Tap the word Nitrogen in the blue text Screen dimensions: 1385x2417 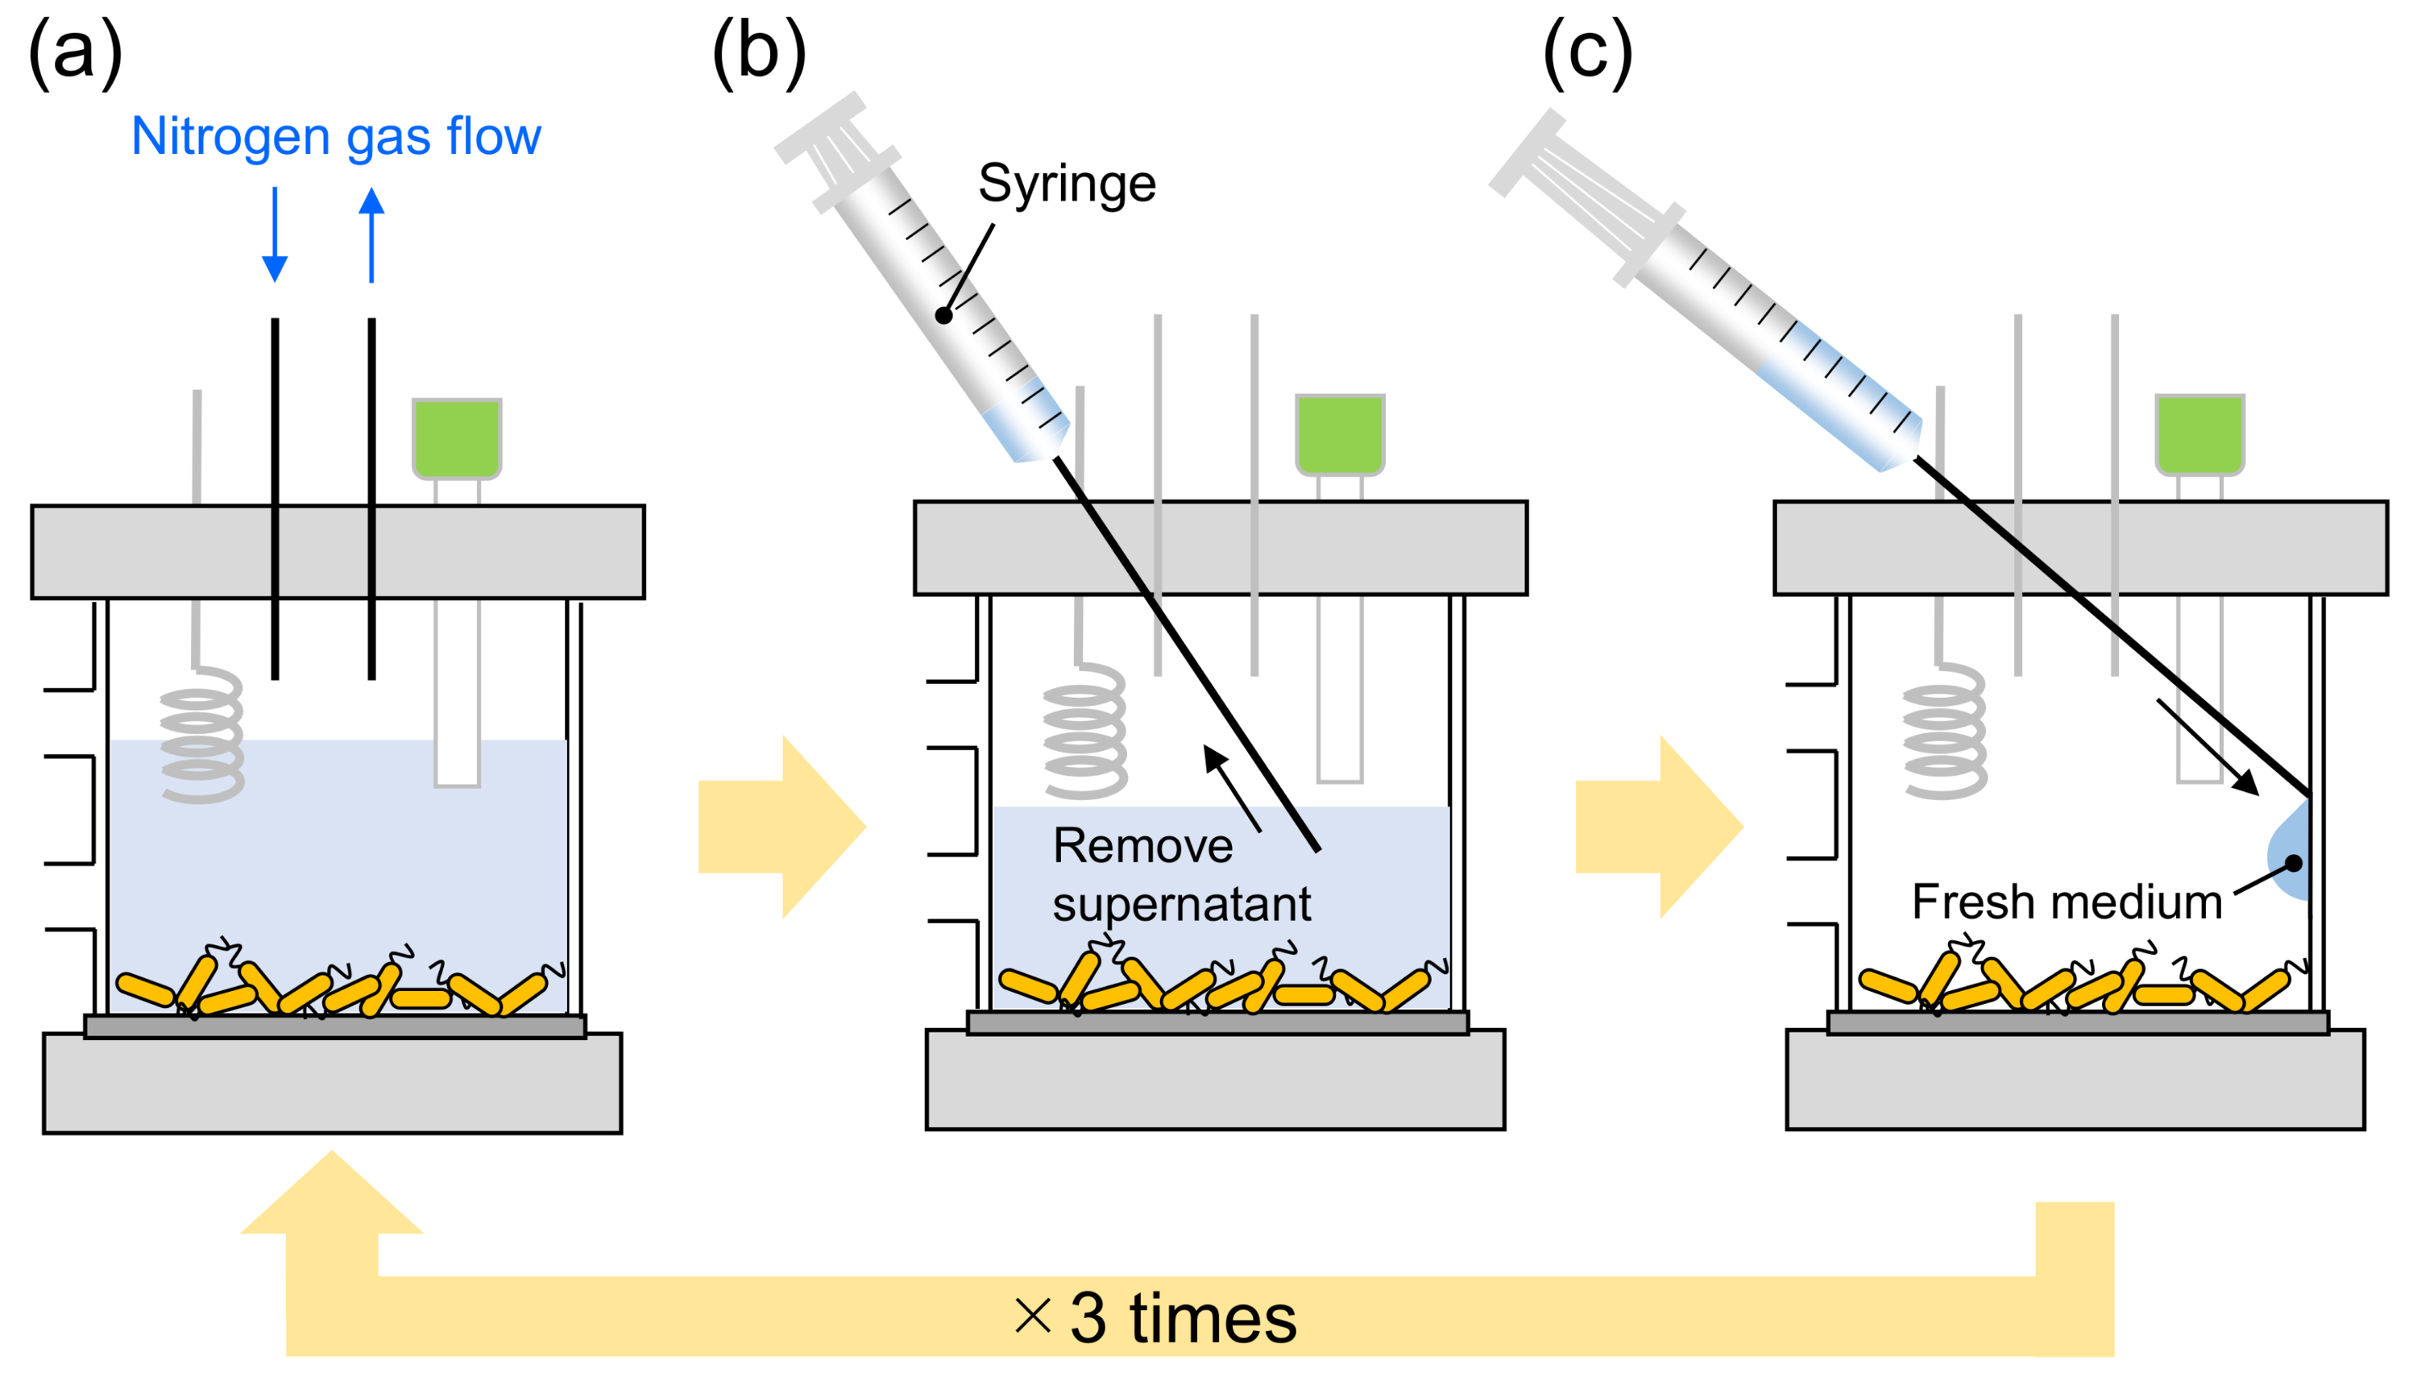(x=231, y=136)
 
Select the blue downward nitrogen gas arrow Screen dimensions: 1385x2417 (x=275, y=235)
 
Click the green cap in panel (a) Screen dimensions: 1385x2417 (x=457, y=437)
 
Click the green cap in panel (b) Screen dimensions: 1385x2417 (x=1339, y=433)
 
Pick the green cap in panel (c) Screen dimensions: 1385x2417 (x=2199, y=433)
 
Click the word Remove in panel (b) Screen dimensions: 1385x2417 (x=1142, y=846)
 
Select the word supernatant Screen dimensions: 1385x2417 (x=1181, y=904)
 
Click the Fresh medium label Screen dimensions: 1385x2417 (x=2066, y=902)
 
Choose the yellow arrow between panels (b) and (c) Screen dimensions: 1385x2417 (x=1659, y=827)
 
